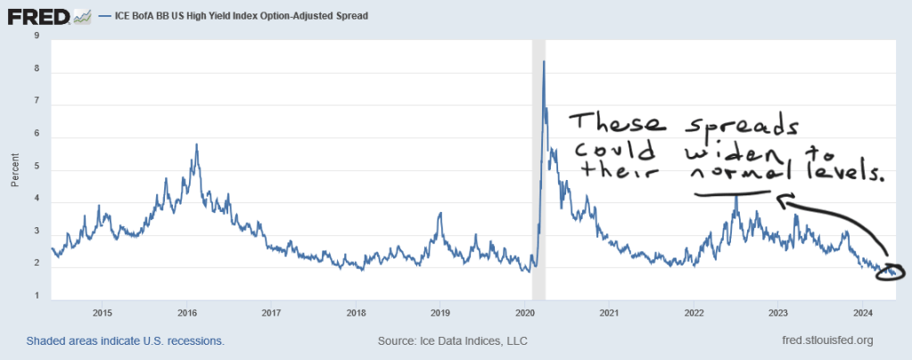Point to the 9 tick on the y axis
(36, 36)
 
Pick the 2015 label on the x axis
(102, 312)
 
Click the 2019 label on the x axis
(440, 312)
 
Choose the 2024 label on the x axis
(863, 312)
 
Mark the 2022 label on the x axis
(694, 312)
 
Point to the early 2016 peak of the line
(196, 144)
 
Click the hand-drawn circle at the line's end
(891, 271)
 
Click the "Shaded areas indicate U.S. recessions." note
(126, 340)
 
